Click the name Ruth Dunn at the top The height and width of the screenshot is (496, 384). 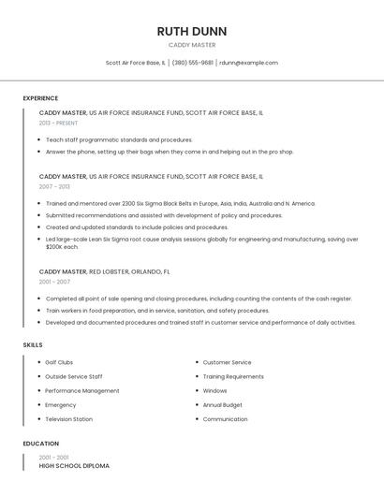point(192,31)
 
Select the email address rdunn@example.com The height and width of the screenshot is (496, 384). point(248,63)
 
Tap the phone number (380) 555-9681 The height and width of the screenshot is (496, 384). point(192,63)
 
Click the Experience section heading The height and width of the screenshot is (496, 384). point(40,98)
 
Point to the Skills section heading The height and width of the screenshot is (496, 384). point(33,345)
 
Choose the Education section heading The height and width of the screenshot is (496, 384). point(40,444)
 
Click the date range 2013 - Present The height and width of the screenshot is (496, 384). point(58,123)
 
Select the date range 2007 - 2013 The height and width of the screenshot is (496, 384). point(54,186)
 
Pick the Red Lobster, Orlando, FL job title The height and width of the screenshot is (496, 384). point(104,271)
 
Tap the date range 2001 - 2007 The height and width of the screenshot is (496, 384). point(54,282)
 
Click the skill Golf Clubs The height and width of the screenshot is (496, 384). point(59,362)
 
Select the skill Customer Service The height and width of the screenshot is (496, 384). point(227,362)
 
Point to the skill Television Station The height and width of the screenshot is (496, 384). point(68,419)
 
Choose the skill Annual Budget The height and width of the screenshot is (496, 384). point(222,405)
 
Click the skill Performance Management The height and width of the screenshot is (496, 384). point(82,390)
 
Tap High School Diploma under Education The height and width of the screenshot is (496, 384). point(74,465)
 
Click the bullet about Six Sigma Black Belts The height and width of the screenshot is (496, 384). point(181,203)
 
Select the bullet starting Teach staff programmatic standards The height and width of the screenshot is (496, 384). point(119,139)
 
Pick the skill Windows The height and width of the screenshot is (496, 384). point(214,390)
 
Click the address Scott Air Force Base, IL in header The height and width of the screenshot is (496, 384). point(136,63)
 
